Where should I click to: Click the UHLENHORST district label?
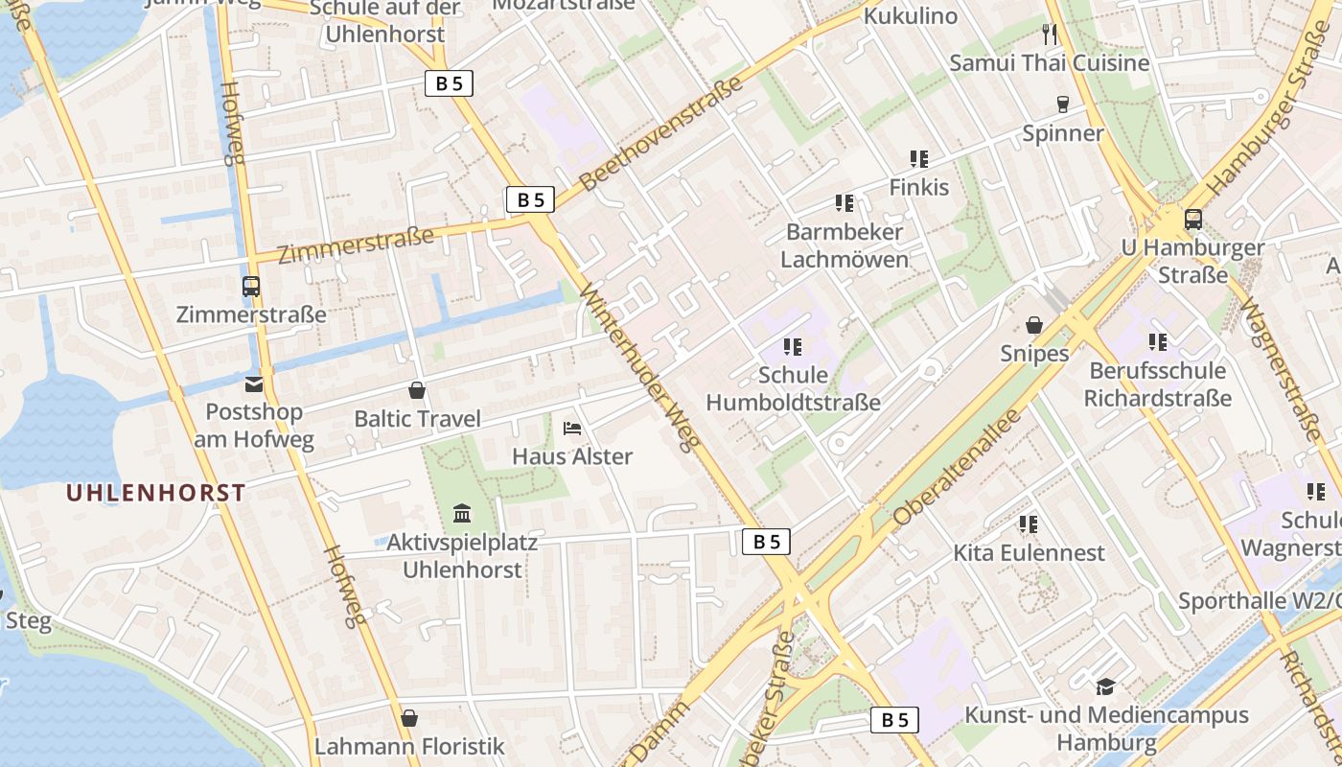[155, 493]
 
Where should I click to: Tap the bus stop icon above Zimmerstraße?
[251, 286]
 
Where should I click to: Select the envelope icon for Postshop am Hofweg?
[254, 384]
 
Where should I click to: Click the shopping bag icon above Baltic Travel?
[417, 390]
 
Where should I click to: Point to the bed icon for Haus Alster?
[572, 428]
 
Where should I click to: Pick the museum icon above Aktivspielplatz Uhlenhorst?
[462, 514]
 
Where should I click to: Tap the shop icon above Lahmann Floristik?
[409, 718]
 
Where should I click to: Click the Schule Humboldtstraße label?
[793, 388]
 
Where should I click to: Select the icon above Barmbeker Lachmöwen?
[844, 203]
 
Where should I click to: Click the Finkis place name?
[918, 187]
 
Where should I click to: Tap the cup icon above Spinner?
[1062, 104]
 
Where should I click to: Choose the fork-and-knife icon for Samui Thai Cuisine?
[1050, 35]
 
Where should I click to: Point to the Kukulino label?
[910, 16]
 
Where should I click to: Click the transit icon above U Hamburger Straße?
[1192, 220]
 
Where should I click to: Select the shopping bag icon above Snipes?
[1034, 326]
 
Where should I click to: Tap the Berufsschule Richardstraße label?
[1157, 383]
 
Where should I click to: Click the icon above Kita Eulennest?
[1029, 524]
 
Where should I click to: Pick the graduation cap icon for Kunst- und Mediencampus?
[1105, 686]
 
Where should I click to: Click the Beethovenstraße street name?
[661, 133]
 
